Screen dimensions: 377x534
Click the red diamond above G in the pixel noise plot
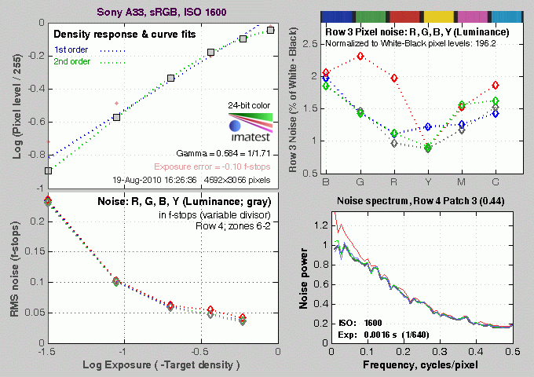pyautogui.click(x=360, y=56)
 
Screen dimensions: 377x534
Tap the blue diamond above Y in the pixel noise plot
pyautogui.click(x=427, y=126)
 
